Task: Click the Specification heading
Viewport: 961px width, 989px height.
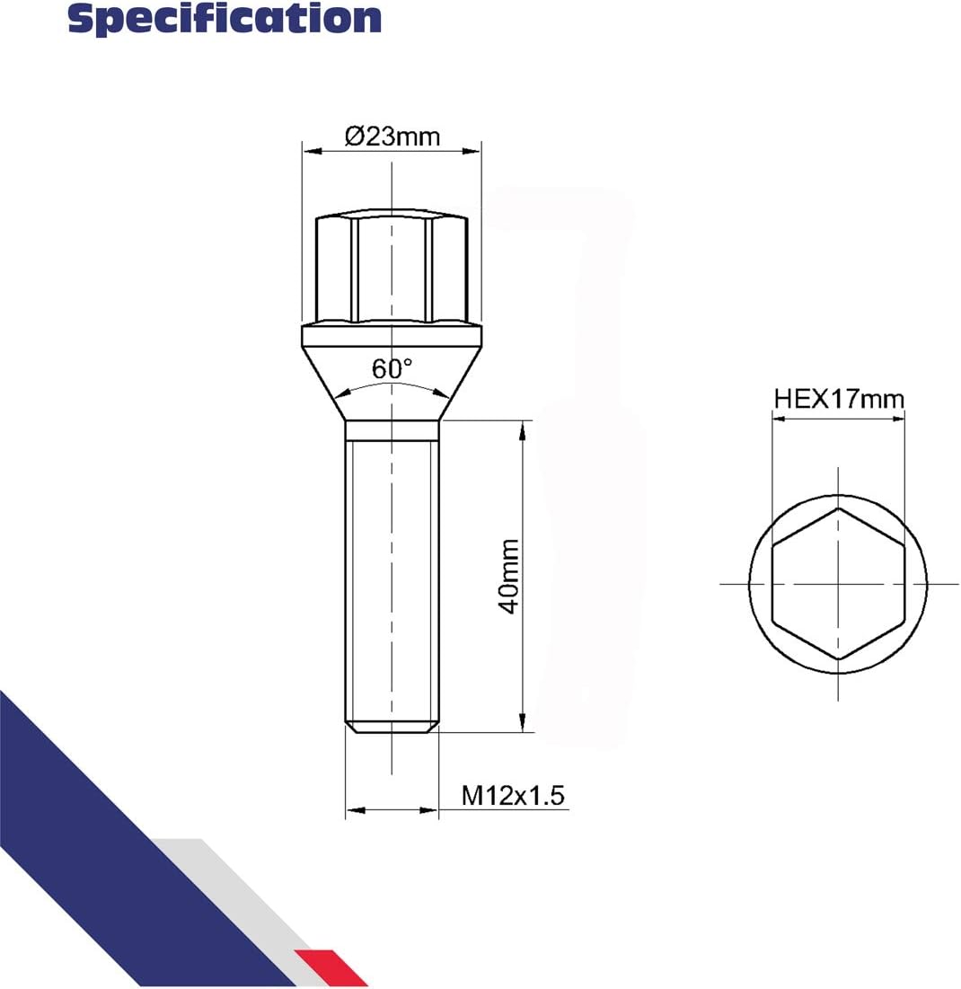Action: coord(225,19)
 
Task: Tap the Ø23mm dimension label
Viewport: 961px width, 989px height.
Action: coord(392,137)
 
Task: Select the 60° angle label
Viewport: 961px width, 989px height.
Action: coord(392,369)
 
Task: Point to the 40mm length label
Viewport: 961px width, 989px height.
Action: coord(508,576)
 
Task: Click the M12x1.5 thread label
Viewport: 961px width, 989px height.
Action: coord(513,795)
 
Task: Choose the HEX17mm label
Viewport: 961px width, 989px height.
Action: coord(839,399)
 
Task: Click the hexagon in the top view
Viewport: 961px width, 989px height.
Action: coord(839,584)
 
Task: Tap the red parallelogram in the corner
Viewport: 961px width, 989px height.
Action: coord(331,967)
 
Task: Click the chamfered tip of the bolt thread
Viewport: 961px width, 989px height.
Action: coord(392,728)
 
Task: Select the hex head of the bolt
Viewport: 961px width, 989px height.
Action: coord(392,267)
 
